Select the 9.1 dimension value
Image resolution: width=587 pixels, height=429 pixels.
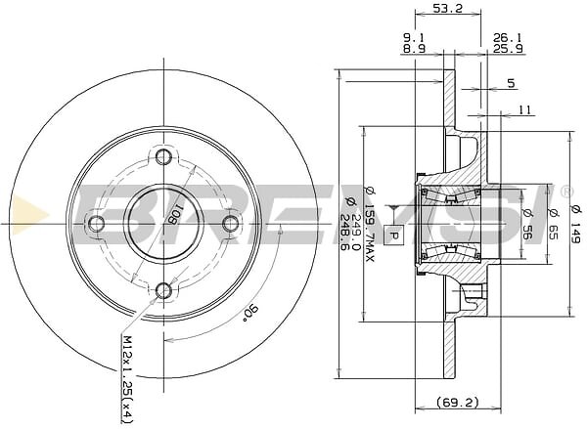[414, 37]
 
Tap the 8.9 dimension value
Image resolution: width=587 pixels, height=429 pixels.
[414, 49]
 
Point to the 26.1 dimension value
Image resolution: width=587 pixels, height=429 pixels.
[506, 37]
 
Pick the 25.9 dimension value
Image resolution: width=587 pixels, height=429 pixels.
[506, 49]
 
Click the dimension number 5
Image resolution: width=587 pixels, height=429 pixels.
[511, 84]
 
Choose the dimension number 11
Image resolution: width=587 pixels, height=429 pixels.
[524, 110]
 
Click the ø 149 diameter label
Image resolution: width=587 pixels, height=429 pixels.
[577, 221]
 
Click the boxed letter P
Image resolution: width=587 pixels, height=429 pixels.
[394, 235]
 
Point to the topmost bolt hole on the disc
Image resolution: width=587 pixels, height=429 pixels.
[163, 157]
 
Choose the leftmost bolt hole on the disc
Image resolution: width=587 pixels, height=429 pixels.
[96, 224]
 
